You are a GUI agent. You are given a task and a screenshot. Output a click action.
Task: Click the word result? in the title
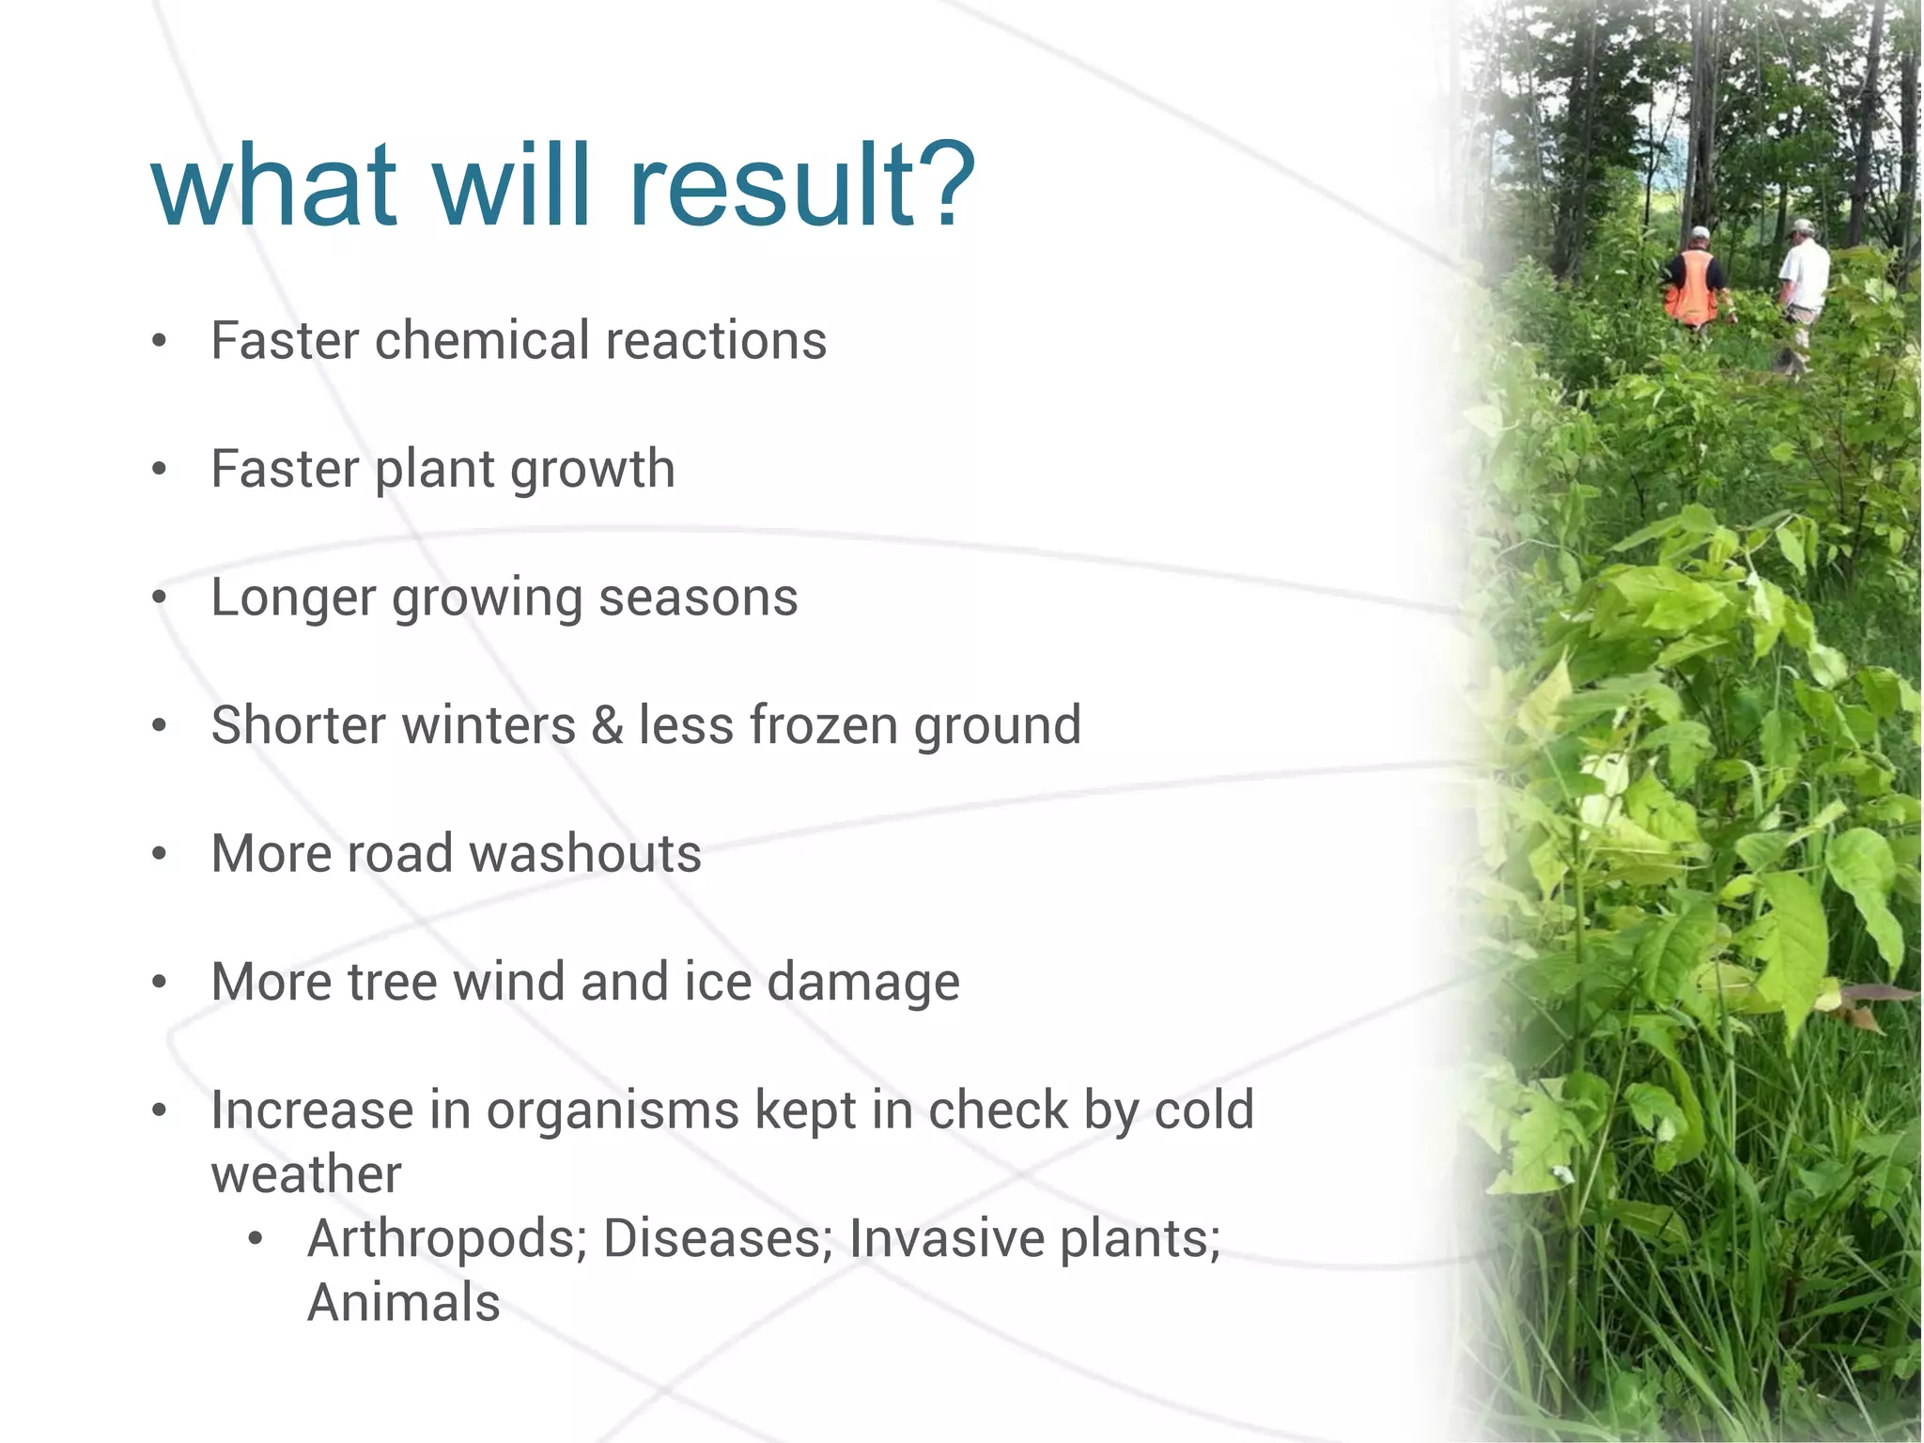pos(803,185)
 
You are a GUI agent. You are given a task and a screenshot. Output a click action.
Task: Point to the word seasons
pos(698,597)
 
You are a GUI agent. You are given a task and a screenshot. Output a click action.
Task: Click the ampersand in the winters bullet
pos(608,725)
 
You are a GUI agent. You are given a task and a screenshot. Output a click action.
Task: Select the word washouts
pos(584,854)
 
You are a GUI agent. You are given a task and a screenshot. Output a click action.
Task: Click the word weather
pos(306,1174)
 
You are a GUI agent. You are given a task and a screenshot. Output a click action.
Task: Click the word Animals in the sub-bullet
pos(404,1302)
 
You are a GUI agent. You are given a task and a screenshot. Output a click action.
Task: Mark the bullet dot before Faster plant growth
pos(160,470)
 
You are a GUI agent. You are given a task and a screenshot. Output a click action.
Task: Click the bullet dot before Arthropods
pos(256,1239)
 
